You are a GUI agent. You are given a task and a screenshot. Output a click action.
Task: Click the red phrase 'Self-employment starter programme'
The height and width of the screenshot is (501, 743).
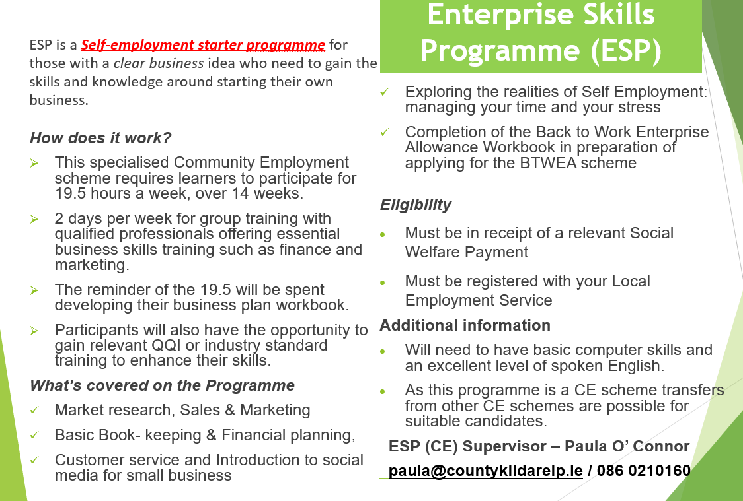(203, 44)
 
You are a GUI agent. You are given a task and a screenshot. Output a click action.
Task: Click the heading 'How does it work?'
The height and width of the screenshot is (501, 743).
(100, 138)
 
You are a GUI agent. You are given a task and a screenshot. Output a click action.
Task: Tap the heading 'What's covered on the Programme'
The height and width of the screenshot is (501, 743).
(162, 385)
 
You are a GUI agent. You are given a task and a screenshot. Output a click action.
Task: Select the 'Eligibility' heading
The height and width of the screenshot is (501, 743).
(416, 205)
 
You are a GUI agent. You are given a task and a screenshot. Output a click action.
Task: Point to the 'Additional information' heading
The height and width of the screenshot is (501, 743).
(465, 325)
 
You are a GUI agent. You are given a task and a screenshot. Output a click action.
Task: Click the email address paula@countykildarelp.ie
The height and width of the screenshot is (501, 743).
(485, 471)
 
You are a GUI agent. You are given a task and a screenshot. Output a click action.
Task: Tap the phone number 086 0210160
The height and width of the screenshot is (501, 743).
(643, 471)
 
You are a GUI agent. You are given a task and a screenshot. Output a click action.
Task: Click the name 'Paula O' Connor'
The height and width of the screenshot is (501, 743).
(627, 446)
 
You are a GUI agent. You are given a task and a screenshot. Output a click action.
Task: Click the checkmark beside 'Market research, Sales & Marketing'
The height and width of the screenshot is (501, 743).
(34, 410)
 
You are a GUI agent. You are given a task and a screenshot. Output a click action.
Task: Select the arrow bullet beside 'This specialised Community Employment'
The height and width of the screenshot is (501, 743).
(34, 163)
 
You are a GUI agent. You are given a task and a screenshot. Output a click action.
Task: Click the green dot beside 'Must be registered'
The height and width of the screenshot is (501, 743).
(383, 283)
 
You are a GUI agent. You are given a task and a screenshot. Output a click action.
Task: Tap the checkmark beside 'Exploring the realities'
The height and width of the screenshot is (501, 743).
(384, 92)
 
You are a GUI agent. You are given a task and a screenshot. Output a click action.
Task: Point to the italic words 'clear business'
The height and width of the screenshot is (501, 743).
(159, 63)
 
